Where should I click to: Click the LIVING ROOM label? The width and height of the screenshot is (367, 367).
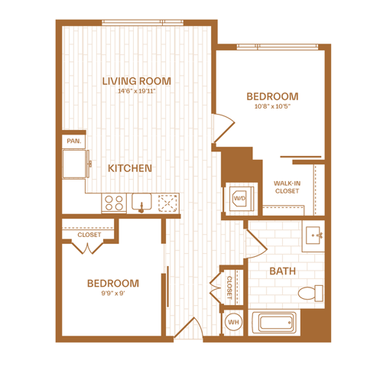[x=137, y=81]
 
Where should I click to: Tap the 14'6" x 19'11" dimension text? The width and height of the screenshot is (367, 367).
[x=137, y=91]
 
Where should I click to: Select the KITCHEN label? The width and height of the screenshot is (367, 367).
[x=130, y=168]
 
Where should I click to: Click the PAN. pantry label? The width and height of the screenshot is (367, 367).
[x=74, y=141]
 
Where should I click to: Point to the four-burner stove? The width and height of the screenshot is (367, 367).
[x=114, y=203]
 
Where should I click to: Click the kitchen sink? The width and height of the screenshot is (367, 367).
[x=141, y=202]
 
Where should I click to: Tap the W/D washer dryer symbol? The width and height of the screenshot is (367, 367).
[x=239, y=198]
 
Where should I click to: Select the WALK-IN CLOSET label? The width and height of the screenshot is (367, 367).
[x=287, y=187]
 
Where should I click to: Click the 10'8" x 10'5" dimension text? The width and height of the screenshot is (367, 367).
[x=272, y=106]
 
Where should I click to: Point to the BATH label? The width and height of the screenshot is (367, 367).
[x=283, y=271]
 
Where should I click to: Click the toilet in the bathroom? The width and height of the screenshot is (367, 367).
[x=310, y=293]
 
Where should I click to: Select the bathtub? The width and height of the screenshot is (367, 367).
[x=274, y=322]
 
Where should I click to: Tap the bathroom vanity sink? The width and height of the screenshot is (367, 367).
[x=313, y=235]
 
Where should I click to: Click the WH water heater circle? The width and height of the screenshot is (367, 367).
[x=233, y=322]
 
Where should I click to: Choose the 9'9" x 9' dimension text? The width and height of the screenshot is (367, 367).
[x=113, y=294]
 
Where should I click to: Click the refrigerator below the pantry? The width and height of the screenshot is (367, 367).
[x=76, y=164]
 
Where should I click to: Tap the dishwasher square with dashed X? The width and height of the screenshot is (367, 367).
[x=167, y=203]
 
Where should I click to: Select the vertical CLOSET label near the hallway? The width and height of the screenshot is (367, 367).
[x=229, y=287]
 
